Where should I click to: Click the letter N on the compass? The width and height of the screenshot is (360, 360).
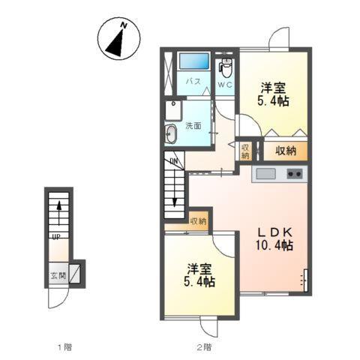[124, 25]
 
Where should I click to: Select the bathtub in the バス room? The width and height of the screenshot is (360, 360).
[194, 61]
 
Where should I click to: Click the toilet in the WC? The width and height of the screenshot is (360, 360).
[226, 67]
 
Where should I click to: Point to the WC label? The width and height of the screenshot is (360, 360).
[225, 85]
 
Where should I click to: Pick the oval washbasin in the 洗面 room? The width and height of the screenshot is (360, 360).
[171, 133]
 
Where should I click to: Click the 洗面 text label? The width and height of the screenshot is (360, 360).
[193, 126]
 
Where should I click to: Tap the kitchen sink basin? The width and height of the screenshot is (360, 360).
[266, 174]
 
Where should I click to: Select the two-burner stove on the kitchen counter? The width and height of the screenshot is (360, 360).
[295, 173]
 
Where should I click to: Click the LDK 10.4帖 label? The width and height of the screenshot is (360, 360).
[274, 239]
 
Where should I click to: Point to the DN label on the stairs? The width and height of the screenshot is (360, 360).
[173, 161]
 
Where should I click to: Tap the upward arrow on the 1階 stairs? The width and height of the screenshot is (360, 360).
[59, 213]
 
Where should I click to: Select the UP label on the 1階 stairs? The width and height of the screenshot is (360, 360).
[56, 236]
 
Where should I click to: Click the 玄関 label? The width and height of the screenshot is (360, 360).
[58, 276]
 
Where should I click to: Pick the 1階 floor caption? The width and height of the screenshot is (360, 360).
[65, 347]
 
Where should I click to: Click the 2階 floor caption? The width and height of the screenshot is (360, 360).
[204, 347]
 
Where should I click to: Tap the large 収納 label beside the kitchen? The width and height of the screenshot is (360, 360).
[286, 151]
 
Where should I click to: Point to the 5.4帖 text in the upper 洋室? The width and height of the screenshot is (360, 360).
[273, 101]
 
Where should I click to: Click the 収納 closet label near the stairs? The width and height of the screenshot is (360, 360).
[198, 221]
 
